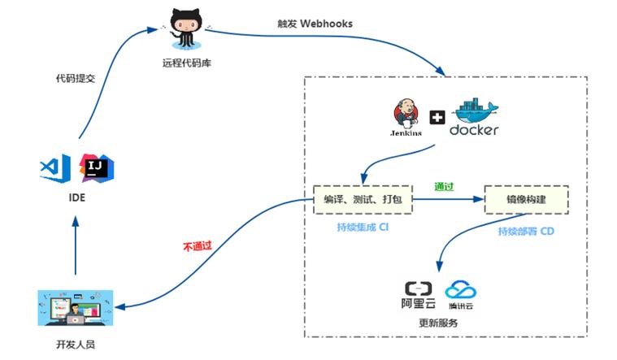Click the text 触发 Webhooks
(x=315, y=24)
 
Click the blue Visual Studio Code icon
(x=51, y=167)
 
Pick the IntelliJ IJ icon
(x=96, y=167)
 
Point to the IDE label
(x=75, y=197)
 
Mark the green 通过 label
(x=444, y=186)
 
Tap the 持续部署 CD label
(x=526, y=232)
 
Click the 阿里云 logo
(x=421, y=294)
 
